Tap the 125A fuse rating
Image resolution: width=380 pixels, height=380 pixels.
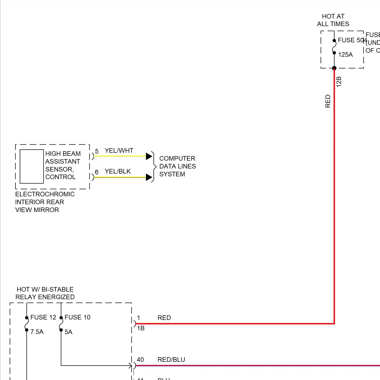coord(345,55)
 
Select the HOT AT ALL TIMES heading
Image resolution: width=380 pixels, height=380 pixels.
coord(333,20)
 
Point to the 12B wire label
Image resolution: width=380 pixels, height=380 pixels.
coord(339,82)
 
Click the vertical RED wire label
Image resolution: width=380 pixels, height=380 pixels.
coord(328,101)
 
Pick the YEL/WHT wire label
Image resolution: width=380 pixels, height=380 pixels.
coord(119,151)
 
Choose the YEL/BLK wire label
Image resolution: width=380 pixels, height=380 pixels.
coord(118,172)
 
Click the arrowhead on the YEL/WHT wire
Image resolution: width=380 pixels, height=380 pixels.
coord(149,156)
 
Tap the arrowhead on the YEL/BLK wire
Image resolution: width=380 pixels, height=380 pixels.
coord(149,177)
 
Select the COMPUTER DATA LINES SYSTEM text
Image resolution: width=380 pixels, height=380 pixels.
coord(177,166)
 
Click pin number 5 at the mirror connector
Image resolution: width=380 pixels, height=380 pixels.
coord(97,151)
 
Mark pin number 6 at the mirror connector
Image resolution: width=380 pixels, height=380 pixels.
coord(97,172)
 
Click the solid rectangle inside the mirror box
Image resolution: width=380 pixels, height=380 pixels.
coord(32,166)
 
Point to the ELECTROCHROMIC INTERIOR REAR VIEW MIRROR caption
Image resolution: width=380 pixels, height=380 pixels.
coord(45,202)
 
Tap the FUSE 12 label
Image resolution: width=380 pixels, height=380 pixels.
coord(43,317)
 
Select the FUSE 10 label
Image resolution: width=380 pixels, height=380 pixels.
coord(77,317)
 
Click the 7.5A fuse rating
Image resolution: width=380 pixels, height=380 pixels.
coord(37,332)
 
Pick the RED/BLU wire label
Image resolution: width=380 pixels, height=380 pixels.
coord(171,360)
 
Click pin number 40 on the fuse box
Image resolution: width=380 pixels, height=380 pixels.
coord(140,360)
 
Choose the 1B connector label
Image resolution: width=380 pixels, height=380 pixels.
coord(141,328)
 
